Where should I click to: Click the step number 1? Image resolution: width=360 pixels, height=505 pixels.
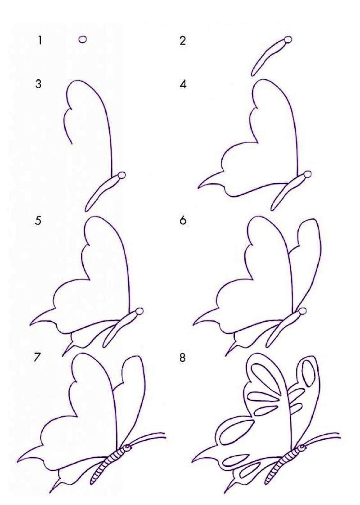point(40,41)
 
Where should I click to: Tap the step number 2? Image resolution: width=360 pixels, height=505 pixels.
point(183,41)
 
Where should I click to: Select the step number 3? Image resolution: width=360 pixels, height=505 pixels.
point(38,84)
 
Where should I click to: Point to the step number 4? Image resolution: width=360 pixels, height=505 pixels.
point(183,84)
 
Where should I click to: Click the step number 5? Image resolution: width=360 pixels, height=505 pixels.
point(38,221)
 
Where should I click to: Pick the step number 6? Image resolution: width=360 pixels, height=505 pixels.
point(183,221)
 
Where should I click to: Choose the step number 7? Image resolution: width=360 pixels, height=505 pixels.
point(38,357)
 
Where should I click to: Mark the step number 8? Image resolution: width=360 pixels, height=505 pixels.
point(183,358)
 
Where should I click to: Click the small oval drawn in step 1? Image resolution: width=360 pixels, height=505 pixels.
point(83,39)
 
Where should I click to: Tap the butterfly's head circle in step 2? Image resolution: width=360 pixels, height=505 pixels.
point(288,40)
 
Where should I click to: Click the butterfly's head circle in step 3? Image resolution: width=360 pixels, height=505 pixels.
point(121,176)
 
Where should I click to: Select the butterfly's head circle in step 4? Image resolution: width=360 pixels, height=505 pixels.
point(307,174)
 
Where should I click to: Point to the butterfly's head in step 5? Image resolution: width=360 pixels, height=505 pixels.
point(139,312)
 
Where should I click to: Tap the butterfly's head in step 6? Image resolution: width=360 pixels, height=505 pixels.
point(302,311)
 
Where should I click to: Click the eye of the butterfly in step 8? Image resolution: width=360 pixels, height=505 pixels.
point(302,447)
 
